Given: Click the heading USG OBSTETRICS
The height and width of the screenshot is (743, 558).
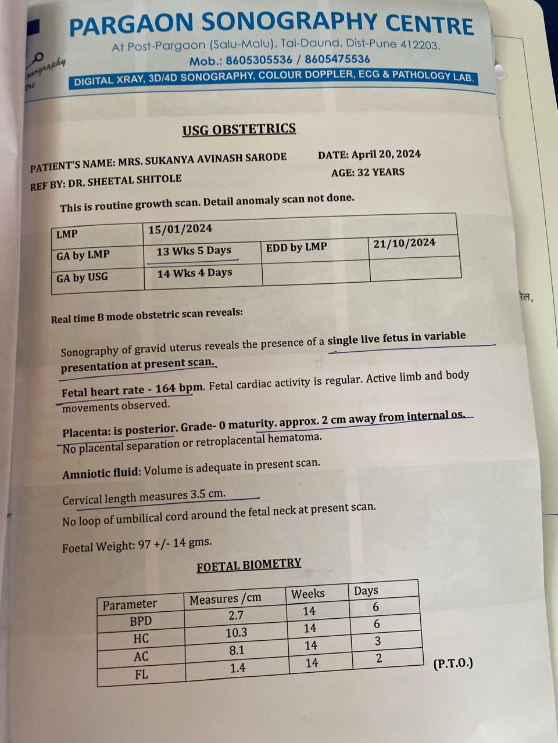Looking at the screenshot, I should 239,129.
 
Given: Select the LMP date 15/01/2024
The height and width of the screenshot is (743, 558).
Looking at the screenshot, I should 180,229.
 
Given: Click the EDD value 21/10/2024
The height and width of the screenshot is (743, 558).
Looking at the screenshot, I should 405,243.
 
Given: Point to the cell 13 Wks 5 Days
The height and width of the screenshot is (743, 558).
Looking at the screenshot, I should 194,251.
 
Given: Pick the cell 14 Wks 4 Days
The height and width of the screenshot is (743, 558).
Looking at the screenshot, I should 194,273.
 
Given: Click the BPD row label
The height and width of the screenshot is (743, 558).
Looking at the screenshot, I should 141,621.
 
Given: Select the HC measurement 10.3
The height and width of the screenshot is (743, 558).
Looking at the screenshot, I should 236,633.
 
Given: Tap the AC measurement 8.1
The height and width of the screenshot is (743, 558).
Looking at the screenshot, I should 237,651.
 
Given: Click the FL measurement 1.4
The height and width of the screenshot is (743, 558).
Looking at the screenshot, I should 237,668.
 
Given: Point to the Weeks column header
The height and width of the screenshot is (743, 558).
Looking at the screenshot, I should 307,594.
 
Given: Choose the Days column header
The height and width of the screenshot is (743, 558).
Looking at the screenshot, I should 366,591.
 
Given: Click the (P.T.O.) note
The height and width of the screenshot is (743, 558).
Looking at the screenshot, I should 453,663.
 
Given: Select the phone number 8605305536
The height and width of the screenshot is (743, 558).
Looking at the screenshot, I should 259,60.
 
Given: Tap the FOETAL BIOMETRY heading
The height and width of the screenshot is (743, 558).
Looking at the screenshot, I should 249,565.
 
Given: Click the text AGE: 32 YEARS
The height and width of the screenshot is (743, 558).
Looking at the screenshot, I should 368,172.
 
